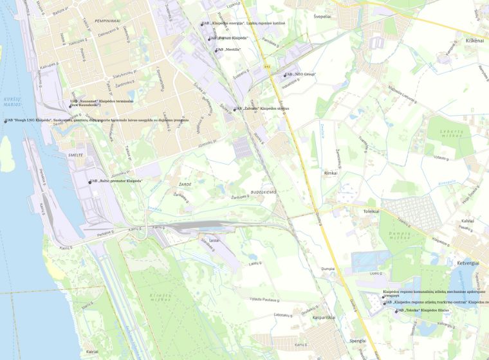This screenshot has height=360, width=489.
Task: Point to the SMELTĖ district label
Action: pos(76,156)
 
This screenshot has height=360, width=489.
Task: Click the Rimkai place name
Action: pos(331,173)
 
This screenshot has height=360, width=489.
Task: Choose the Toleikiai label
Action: pos(372,211)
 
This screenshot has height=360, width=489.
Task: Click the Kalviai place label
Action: pos(467,221)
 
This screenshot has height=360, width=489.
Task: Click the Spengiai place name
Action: pos(357,341)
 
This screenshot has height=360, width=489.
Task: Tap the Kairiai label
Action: pos(92,352)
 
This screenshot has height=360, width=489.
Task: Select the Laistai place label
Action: pos(214,240)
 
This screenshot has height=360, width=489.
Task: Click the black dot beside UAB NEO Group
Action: pos(285,75)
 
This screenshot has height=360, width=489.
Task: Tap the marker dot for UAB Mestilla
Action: pos(216,50)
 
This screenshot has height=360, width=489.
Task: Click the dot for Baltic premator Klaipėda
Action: pos(90,183)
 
